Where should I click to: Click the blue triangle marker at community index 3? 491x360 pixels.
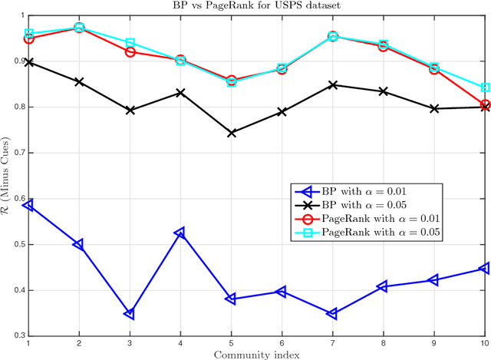click(x=130, y=314)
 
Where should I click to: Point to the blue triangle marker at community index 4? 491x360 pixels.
click(x=180, y=233)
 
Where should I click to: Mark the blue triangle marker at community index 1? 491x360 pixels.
click(x=28, y=205)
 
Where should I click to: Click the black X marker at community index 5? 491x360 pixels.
click(x=232, y=133)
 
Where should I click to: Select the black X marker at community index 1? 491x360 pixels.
click(x=28, y=62)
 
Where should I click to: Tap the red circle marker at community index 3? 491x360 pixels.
click(x=130, y=52)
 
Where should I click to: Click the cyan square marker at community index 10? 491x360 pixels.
click(x=485, y=88)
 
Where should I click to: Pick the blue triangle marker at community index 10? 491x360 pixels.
click(x=485, y=268)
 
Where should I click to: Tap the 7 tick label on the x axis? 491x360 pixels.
click(x=333, y=343)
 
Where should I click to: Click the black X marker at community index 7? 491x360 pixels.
click(x=333, y=85)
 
